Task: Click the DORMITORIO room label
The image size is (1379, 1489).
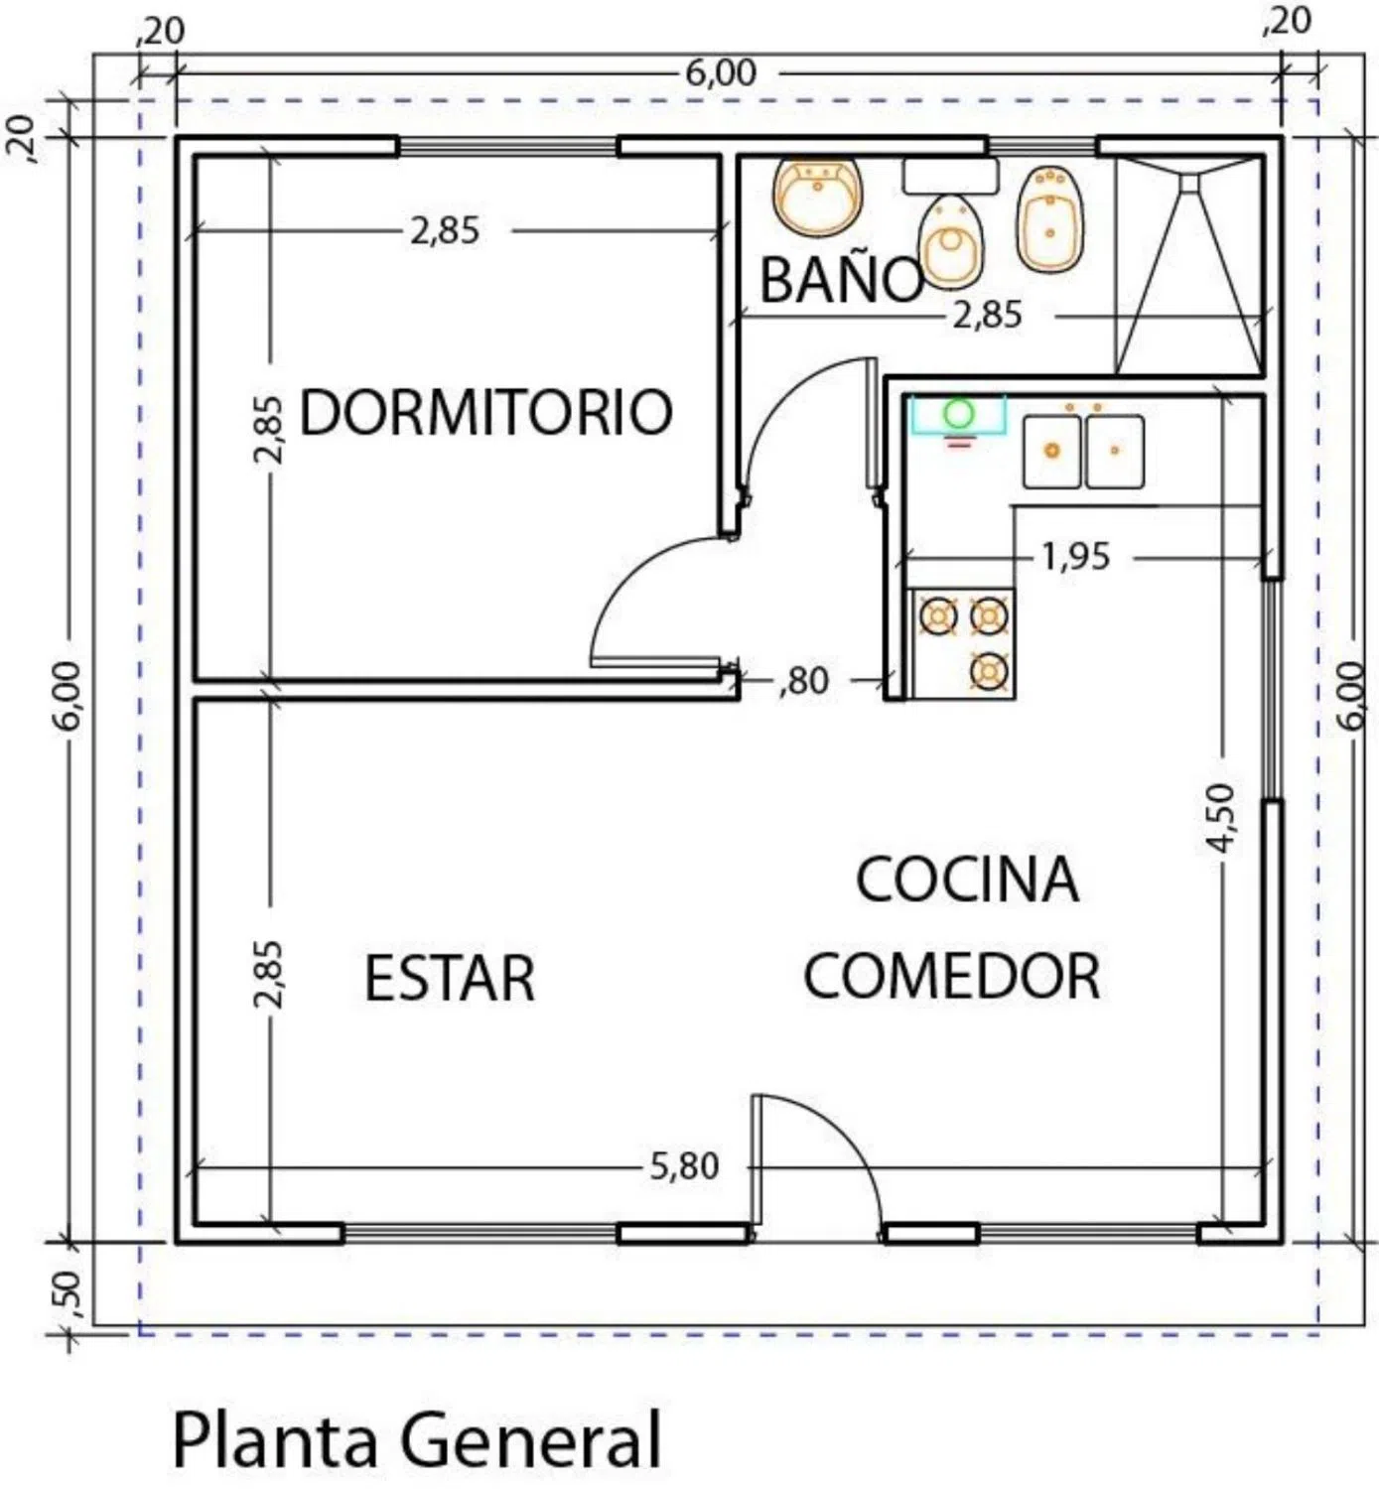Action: pos(485,412)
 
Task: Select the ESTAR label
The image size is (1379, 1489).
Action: pos(450,978)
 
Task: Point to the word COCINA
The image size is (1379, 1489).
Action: pos(967,880)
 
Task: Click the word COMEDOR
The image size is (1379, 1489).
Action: pos(952,975)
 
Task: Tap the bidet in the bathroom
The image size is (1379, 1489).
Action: pos(1050,218)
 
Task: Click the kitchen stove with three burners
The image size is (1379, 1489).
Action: pos(962,644)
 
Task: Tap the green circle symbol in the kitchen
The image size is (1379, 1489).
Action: pos(958,412)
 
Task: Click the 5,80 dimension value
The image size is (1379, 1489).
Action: pos(684,1165)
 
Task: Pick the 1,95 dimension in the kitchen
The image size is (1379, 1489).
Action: pos(1076,556)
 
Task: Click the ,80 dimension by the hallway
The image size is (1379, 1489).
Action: pos(804,682)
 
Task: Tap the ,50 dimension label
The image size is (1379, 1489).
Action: pos(68,1288)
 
